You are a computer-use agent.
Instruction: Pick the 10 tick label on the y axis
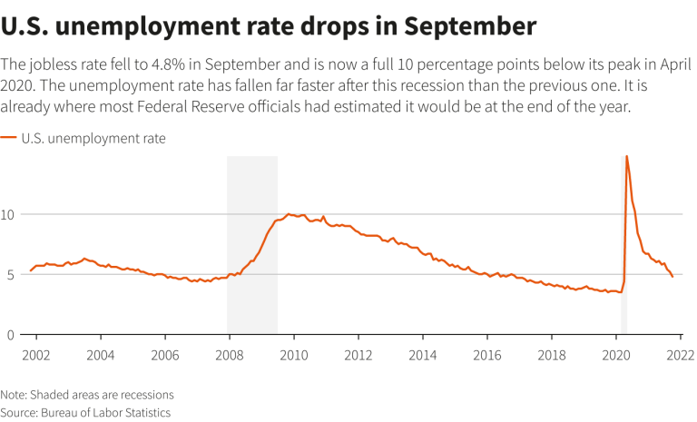(10, 214)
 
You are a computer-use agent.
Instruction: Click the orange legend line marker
(8, 139)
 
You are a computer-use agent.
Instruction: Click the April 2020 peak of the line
(627, 156)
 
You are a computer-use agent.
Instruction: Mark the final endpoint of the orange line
(672, 276)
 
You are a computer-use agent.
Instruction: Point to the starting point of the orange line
(31, 270)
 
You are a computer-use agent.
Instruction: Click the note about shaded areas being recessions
(87, 395)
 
